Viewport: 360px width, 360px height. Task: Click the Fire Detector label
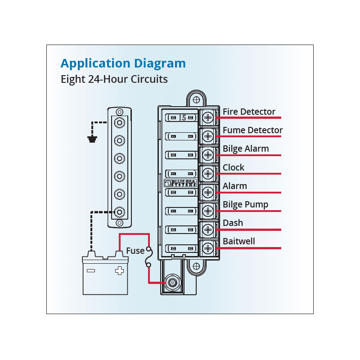(249, 112)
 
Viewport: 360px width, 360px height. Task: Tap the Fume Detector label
(252, 130)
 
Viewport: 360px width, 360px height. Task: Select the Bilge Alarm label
(246, 149)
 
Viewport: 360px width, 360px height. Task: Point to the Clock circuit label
(234, 167)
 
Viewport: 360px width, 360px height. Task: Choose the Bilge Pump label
(245, 204)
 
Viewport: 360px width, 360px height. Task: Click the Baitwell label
(239, 241)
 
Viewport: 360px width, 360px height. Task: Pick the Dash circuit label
(233, 223)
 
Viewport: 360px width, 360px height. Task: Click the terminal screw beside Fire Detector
(208, 118)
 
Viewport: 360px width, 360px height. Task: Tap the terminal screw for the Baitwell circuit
(208, 248)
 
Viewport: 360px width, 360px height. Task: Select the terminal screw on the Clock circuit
(208, 174)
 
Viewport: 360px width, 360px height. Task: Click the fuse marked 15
(181, 118)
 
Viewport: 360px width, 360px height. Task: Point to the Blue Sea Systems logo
(180, 183)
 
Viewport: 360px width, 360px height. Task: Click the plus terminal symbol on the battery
(119, 271)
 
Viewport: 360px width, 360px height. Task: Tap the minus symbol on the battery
(91, 271)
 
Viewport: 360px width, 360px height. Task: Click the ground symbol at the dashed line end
(92, 139)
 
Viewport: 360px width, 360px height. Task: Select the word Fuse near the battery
(135, 251)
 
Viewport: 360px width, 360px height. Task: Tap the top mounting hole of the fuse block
(196, 100)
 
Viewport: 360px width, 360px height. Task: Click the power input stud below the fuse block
(172, 283)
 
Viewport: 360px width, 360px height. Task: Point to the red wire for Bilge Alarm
(248, 155)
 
